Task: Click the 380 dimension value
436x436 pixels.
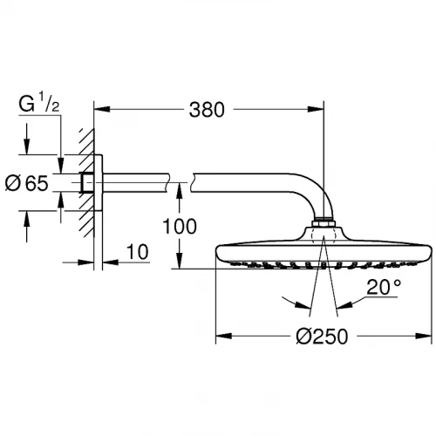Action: (x=208, y=110)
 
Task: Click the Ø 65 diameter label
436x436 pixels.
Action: (x=32, y=184)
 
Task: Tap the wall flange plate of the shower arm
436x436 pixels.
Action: (x=99, y=185)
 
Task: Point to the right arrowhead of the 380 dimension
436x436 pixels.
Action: (x=320, y=110)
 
